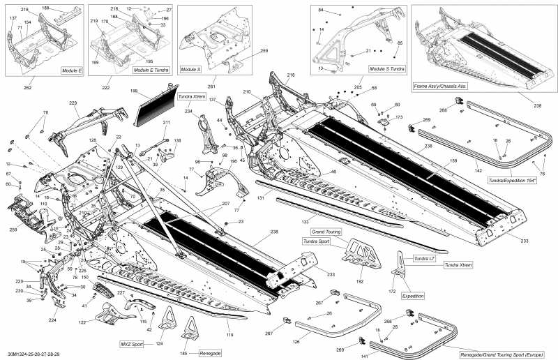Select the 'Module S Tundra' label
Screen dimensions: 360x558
385,70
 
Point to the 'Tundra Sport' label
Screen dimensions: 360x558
319,241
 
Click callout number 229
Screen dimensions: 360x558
73,103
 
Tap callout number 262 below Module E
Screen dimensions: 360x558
27,88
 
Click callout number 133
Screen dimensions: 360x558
305,223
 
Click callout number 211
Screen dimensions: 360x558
167,123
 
